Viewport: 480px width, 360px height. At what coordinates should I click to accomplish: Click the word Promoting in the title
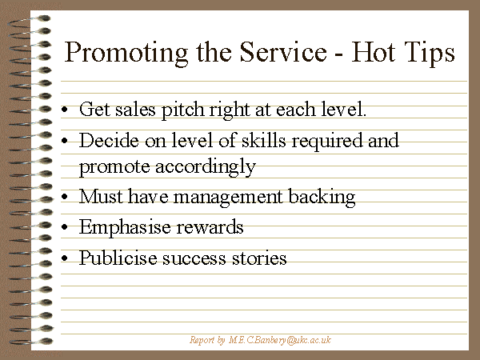126,54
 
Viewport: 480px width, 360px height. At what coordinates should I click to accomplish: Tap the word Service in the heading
283,52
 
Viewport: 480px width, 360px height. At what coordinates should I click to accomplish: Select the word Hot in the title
372,52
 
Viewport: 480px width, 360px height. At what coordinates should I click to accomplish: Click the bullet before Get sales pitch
64,110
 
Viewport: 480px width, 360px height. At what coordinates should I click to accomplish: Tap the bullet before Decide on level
64,141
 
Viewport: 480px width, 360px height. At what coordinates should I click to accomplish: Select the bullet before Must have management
64,197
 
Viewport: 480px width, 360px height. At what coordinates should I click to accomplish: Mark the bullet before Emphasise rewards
64,227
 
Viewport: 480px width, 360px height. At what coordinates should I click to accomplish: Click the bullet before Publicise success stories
64,258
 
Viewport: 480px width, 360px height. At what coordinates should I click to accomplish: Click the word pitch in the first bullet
182,110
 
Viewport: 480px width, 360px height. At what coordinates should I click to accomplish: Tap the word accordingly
206,168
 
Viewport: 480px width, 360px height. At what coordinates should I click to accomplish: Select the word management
228,198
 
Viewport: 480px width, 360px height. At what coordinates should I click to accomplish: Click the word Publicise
118,258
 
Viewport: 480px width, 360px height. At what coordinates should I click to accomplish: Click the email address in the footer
280,340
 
